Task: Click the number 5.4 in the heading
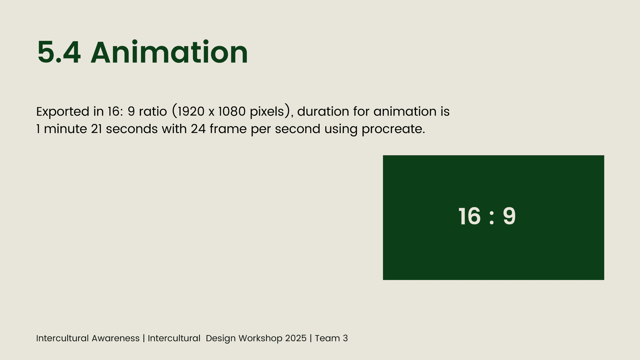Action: (59, 52)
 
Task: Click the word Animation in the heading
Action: (169, 52)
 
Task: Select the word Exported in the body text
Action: (63, 112)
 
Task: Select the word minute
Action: (66, 129)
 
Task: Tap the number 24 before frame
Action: (198, 129)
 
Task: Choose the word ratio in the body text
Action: (153, 111)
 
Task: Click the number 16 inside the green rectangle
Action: (469, 217)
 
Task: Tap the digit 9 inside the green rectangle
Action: (509, 217)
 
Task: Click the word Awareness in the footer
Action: (116, 338)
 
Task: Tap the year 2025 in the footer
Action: (296, 338)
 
